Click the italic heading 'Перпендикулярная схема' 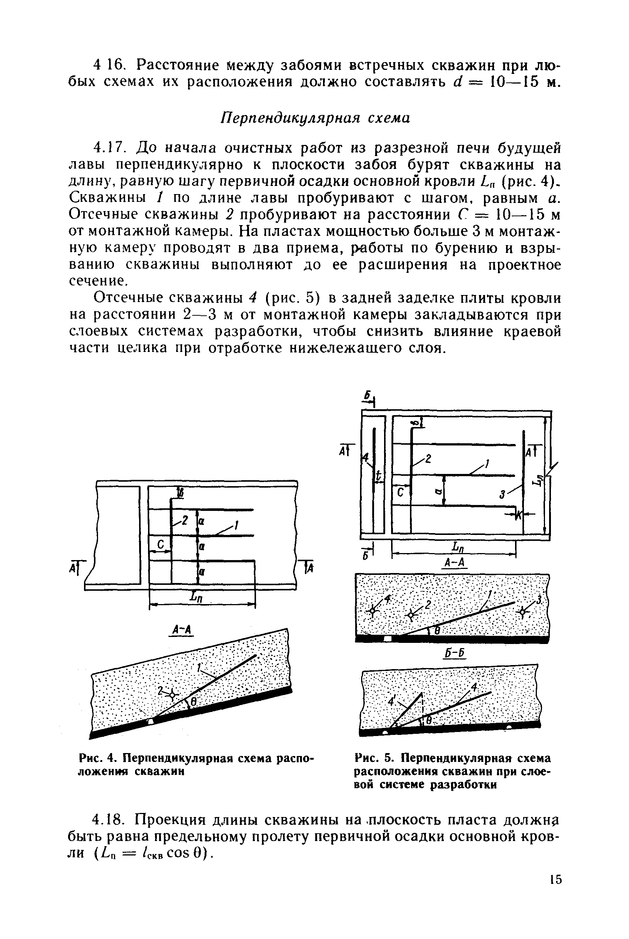pyautogui.click(x=316, y=118)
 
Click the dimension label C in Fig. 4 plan pyautogui.click(x=161, y=544)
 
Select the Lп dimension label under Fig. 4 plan pyautogui.click(x=197, y=597)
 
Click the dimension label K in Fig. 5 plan pyautogui.click(x=518, y=515)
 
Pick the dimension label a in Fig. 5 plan pyautogui.click(x=440, y=490)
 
